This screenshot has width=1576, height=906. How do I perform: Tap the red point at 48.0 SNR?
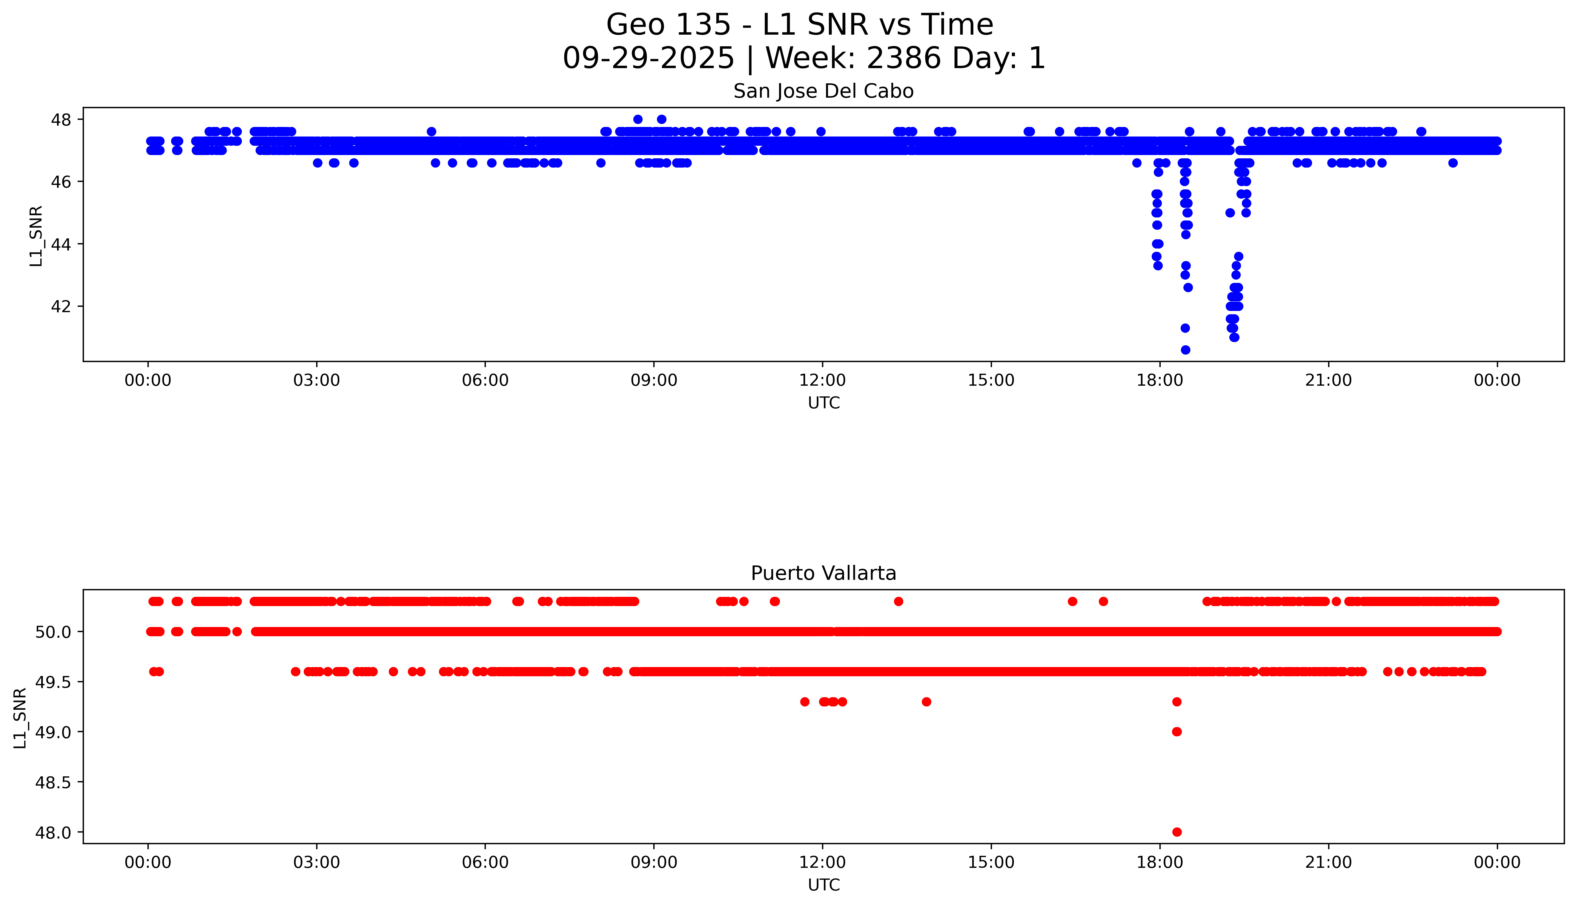(x=1177, y=832)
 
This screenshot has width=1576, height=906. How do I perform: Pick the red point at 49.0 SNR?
(x=1177, y=732)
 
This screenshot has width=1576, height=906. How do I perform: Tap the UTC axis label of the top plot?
(x=824, y=403)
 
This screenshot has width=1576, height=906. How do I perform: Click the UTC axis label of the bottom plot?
(x=824, y=885)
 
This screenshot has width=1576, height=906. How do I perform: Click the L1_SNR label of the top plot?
(x=36, y=236)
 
